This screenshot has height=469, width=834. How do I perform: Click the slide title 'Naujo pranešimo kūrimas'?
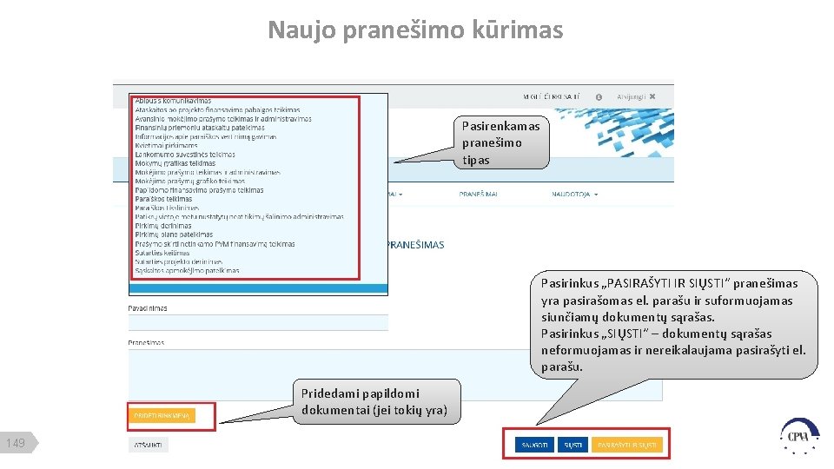(x=415, y=30)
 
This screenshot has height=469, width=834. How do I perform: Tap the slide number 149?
(x=16, y=444)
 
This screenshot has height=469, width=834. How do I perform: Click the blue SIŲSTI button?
(x=573, y=445)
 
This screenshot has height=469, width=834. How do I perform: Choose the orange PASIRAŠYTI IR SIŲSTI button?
(x=628, y=445)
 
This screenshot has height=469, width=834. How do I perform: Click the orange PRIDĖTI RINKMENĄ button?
(x=162, y=416)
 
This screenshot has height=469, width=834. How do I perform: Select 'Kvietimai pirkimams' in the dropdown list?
(x=166, y=145)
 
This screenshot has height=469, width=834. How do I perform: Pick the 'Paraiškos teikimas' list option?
(x=163, y=199)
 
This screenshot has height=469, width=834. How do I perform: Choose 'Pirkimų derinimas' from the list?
(x=163, y=226)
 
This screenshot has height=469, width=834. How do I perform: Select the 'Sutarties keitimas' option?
(x=163, y=253)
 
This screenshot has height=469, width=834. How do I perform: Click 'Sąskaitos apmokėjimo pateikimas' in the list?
(x=187, y=270)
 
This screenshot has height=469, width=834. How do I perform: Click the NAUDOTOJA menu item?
(x=573, y=195)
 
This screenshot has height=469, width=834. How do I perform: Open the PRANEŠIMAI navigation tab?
(x=479, y=195)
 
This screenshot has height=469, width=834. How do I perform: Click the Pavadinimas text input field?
(x=257, y=323)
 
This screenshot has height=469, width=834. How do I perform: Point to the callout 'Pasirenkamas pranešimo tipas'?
(x=500, y=143)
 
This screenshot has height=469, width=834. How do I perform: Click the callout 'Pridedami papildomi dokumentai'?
(x=374, y=401)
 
